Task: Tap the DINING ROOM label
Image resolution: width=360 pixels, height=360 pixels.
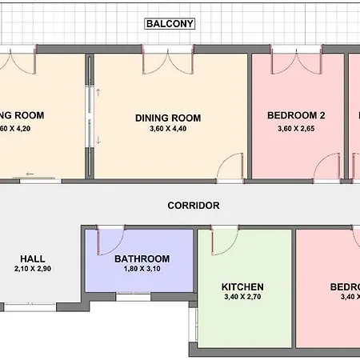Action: pyautogui.click(x=168, y=118)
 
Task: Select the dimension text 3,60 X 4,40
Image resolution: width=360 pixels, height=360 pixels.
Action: pyautogui.click(x=168, y=131)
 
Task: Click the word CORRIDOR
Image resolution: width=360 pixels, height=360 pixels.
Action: pyautogui.click(x=194, y=206)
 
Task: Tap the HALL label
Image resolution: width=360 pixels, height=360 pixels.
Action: pyautogui.click(x=32, y=258)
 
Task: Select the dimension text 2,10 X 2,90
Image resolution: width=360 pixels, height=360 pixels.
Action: pyautogui.click(x=32, y=270)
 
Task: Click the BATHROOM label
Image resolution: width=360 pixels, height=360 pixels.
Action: pyautogui.click(x=142, y=258)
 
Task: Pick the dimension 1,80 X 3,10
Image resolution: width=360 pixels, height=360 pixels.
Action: pyautogui.click(x=142, y=270)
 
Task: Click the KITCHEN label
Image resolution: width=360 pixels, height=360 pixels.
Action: pyautogui.click(x=242, y=286)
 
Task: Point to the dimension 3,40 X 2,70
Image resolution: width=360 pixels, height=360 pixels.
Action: pyautogui.click(x=242, y=298)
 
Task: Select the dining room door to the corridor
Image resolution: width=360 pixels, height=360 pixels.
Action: pyautogui.click(x=233, y=166)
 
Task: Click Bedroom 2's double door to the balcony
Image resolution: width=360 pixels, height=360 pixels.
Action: pyautogui.click(x=297, y=64)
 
